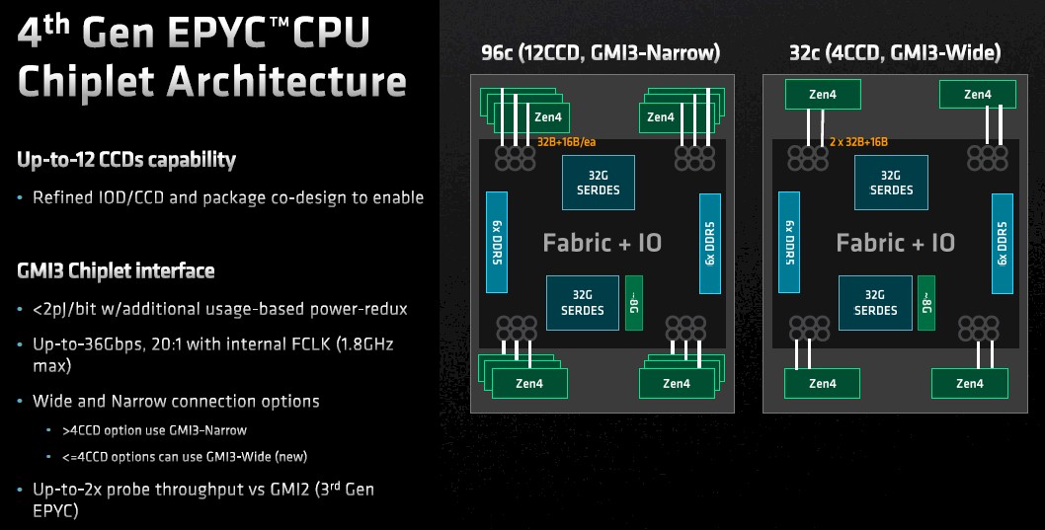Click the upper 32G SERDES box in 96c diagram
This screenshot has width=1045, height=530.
599,183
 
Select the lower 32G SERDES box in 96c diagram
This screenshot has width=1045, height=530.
583,303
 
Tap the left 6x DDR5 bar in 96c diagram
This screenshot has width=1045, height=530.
497,243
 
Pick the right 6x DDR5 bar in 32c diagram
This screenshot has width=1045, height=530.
1003,244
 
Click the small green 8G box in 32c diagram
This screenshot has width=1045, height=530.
926,303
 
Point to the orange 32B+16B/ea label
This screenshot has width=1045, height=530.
567,142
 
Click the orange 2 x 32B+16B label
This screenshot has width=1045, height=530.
858,142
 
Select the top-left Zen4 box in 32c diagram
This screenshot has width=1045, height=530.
823,95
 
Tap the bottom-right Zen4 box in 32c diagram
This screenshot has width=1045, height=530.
970,384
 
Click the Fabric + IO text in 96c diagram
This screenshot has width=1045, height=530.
603,243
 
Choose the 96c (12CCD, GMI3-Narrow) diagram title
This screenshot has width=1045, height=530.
601,52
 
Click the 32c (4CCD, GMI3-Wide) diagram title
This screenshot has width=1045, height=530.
895,52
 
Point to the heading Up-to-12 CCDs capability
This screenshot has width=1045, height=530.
126,160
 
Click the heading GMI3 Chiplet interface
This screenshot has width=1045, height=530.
116,271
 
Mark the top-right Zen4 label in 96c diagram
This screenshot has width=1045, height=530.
661,117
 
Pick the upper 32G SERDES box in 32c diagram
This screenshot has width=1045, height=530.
891,183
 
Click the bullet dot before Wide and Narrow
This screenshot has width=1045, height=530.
20,402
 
